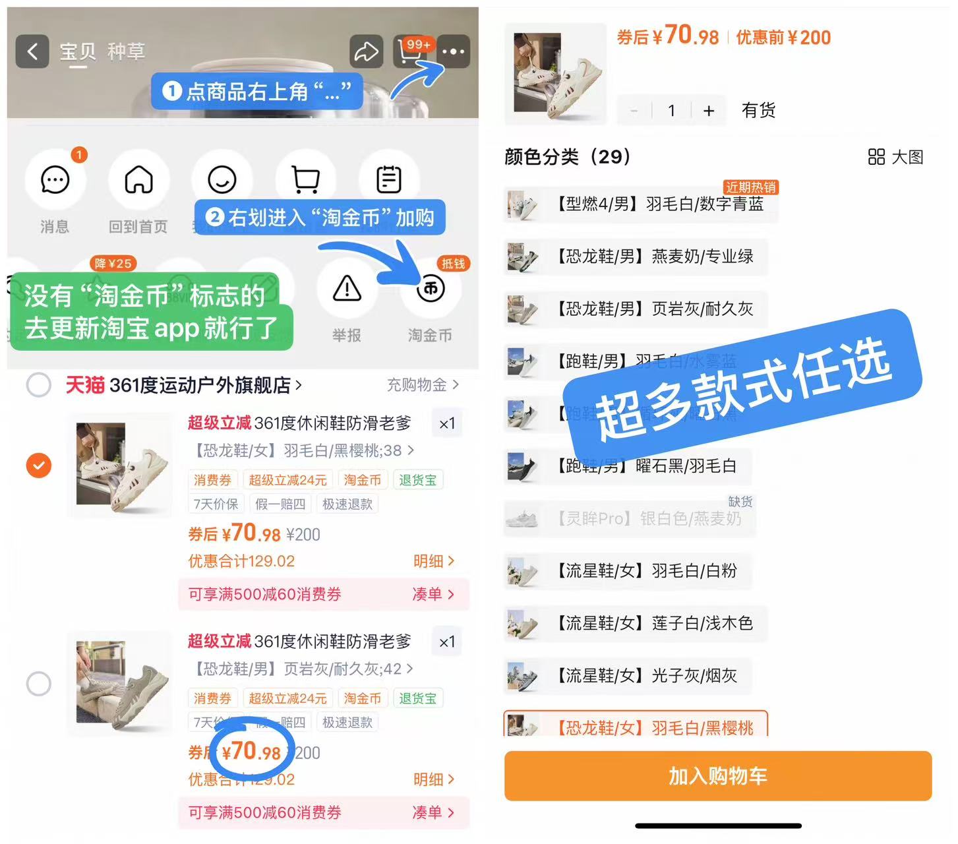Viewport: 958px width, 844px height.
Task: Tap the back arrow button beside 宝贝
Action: coord(32,51)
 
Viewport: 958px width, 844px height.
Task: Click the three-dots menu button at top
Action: coord(454,51)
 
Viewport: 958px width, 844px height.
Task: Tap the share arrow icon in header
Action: coord(366,51)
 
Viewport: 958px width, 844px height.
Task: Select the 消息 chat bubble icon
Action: coord(55,179)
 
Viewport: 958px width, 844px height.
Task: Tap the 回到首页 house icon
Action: coord(138,179)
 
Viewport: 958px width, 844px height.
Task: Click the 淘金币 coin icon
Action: coord(431,289)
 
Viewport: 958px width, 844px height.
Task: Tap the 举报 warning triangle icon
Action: coord(347,289)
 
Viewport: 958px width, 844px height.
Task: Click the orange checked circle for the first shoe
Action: coord(39,466)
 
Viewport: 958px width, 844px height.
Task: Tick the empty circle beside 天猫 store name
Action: coord(39,384)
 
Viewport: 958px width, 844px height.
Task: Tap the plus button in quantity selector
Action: coord(709,111)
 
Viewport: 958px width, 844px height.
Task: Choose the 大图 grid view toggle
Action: coord(895,157)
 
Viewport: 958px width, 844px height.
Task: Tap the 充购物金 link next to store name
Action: coord(422,384)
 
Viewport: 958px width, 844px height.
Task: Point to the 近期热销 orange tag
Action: coord(751,187)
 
